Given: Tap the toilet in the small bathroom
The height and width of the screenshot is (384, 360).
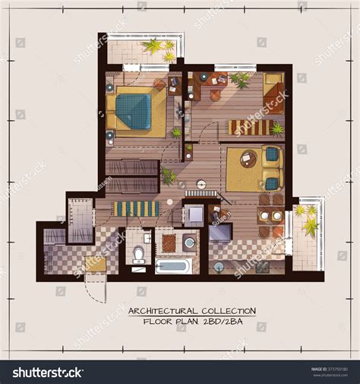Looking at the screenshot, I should coord(138,253).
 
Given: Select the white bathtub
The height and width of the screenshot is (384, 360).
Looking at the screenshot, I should coord(173,266).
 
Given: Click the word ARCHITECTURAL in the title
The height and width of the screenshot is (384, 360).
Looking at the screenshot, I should coord(163,311).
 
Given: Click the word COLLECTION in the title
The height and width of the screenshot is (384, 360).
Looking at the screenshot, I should coord(228,311).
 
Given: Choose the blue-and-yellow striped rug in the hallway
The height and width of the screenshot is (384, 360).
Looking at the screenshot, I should coord(136,208).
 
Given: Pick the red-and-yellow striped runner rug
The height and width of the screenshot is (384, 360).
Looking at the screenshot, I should coord(250,128).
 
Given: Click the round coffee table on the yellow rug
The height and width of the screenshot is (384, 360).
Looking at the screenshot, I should coord(248,159).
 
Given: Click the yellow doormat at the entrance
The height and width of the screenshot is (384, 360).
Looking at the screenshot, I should coord(96,265).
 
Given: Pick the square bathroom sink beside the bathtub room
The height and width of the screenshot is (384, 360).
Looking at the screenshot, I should coord(189,243).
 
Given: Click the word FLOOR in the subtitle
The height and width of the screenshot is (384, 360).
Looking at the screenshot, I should coord(158,321).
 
